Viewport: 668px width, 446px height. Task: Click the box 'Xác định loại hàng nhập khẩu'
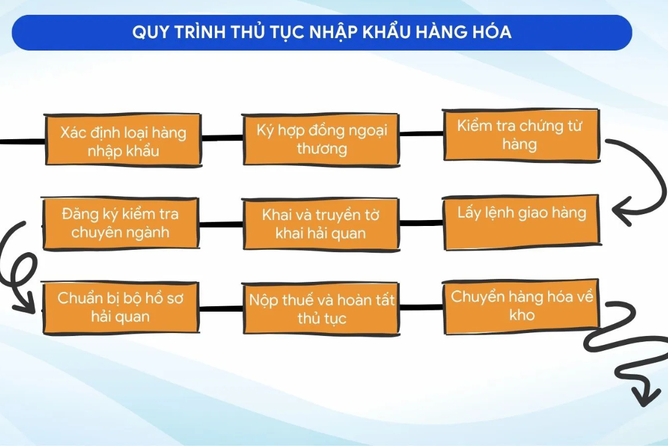click(x=123, y=140)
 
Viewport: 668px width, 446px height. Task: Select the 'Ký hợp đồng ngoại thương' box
click(x=321, y=139)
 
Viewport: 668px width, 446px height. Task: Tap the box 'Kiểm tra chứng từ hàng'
click(x=521, y=136)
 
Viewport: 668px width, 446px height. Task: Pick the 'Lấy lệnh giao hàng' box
click(x=521, y=222)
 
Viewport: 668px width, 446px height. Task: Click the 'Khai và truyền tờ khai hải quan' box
click(x=321, y=224)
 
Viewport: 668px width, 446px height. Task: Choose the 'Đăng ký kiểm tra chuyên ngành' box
click(x=121, y=223)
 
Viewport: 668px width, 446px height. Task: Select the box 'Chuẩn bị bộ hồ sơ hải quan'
click(x=121, y=307)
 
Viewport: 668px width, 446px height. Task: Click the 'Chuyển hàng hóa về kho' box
click(x=521, y=306)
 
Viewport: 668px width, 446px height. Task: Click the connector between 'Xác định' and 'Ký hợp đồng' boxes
click(x=221, y=138)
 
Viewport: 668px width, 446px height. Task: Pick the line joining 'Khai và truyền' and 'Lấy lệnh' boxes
click(x=421, y=223)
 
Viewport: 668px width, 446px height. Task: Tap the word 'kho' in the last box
click(x=522, y=315)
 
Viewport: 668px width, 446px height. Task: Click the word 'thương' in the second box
click(x=322, y=149)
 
